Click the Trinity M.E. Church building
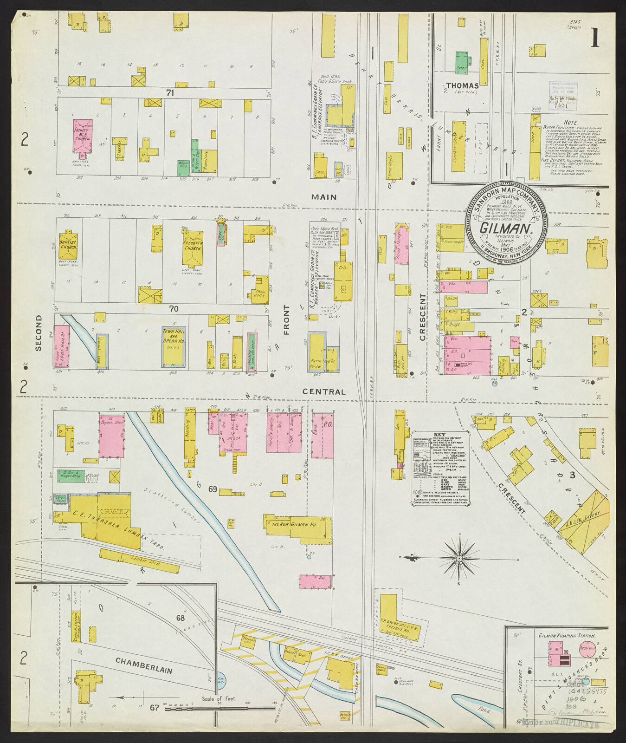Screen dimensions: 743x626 82,136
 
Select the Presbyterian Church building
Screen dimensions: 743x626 192,246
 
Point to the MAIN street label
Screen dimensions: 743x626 324,197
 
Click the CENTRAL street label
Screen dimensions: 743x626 324,391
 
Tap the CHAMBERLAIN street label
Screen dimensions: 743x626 143,665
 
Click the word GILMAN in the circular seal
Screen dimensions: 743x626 505,228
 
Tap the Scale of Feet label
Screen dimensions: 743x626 219,698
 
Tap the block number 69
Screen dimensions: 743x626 213,489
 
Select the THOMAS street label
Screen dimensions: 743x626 462,85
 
